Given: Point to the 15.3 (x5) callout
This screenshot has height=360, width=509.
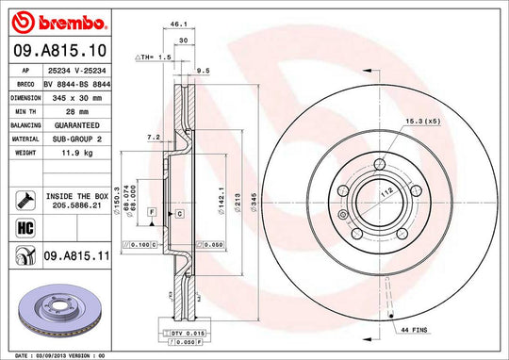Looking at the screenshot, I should pos(422,123).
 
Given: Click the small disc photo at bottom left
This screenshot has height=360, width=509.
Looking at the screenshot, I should pos(52,307).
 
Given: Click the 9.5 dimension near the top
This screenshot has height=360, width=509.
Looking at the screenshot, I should pos(204,70).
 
